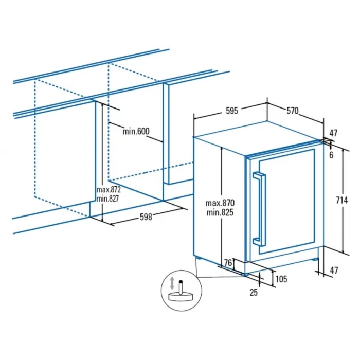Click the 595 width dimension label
click(x=232, y=111)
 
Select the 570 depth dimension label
click(x=292, y=111)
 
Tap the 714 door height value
click(x=341, y=201)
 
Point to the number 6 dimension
click(x=331, y=155)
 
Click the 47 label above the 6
click(x=333, y=133)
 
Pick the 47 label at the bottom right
click(x=334, y=271)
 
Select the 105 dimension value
click(x=281, y=279)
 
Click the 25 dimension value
click(x=254, y=292)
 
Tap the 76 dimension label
click(x=228, y=263)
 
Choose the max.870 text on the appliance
click(x=220, y=203)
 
